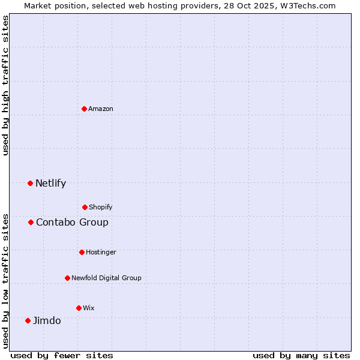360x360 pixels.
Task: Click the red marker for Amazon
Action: point(85,109)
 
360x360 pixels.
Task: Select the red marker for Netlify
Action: point(31,183)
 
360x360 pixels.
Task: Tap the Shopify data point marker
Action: point(85,207)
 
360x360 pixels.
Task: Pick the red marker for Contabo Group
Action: point(31,222)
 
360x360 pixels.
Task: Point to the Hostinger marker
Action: point(82,252)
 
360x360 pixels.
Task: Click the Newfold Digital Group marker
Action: point(67,278)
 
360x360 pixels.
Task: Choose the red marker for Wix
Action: point(79,308)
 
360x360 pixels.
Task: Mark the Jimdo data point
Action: point(28,320)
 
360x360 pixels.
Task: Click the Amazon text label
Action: point(101,109)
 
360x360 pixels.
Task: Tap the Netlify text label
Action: point(50,183)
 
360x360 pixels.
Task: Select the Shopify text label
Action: point(101,207)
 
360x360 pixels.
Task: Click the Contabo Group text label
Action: point(72,222)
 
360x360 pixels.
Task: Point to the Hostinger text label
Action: point(101,252)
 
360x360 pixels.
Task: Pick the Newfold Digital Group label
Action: point(106,278)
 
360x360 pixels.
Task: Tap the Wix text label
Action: point(89,308)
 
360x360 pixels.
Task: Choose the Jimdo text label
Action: point(47,320)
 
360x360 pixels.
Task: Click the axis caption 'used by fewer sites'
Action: point(62,355)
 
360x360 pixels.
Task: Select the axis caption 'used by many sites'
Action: point(301,355)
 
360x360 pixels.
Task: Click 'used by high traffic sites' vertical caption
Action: point(5,85)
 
